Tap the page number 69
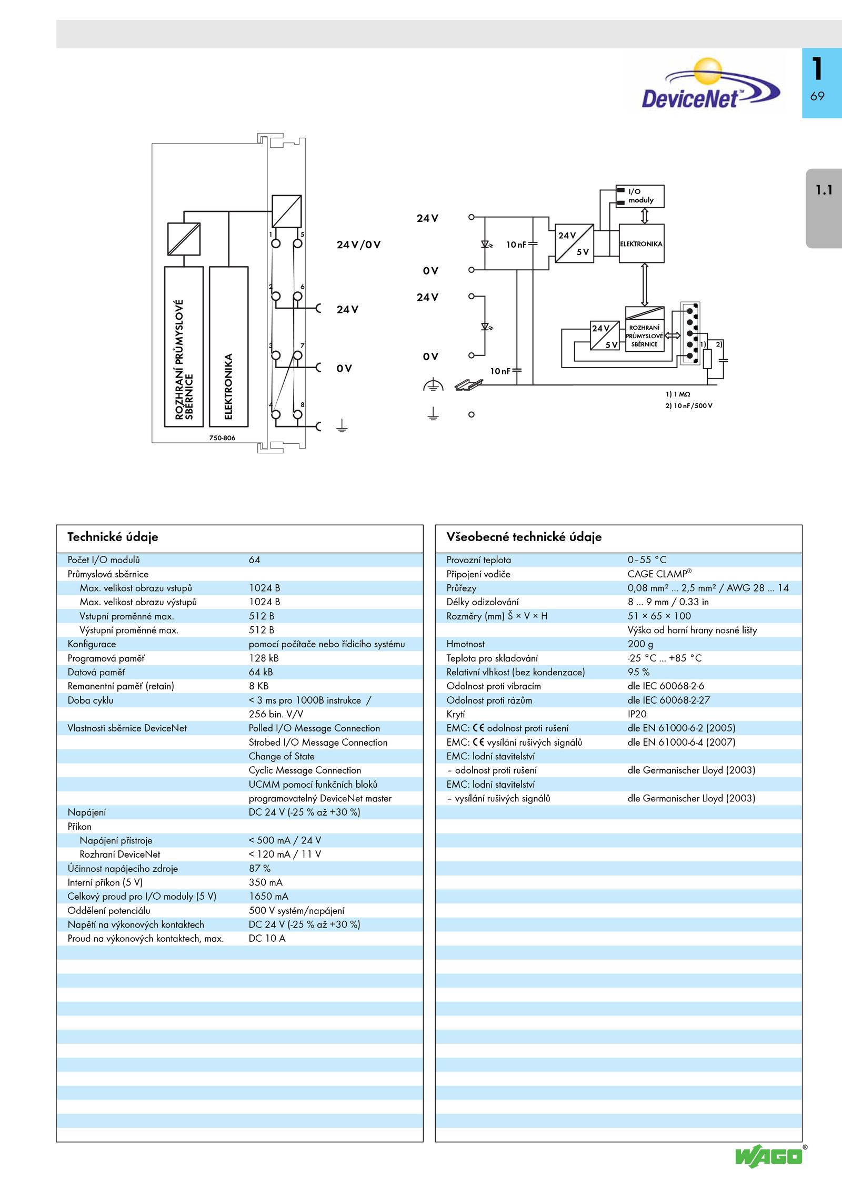click(x=817, y=96)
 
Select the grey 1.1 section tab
click(x=824, y=208)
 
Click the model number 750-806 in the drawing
click(x=222, y=438)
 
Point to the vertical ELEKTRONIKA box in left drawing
click(x=228, y=347)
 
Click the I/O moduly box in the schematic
click(x=640, y=196)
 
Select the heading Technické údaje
click(x=113, y=537)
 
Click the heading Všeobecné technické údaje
click(x=524, y=537)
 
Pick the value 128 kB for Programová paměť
click(x=264, y=658)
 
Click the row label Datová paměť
click(x=96, y=672)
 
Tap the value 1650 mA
click(x=268, y=896)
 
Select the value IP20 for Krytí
click(x=637, y=714)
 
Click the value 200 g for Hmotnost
click(x=640, y=644)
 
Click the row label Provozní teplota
click(x=478, y=560)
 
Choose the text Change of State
click(x=282, y=756)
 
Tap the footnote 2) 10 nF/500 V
click(x=689, y=405)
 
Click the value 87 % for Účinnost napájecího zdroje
click(x=259, y=868)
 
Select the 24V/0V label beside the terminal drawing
click(x=358, y=245)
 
